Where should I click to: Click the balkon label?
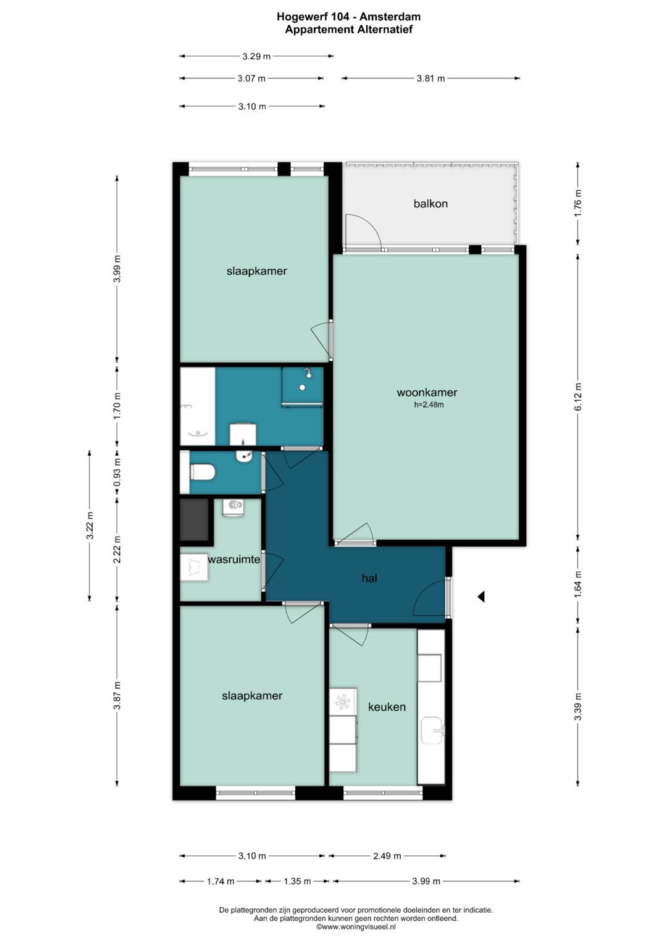tap(430, 204)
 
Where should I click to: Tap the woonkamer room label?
tap(427, 392)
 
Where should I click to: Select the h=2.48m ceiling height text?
tap(429, 405)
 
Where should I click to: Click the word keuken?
tap(387, 707)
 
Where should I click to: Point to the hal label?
tap(369, 579)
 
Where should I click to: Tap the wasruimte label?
tap(234, 560)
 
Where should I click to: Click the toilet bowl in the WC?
tap(203, 472)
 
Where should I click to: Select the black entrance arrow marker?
tap(481, 596)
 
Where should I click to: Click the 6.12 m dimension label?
tap(578, 396)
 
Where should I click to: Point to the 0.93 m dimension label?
tap(117, 472)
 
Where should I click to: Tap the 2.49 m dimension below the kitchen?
tap(387, 856)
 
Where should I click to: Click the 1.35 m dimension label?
tap(297, 881)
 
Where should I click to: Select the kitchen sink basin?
tap(432, 731)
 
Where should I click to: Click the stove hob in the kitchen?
tap(342, 702)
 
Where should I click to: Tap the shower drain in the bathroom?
tap(302, 387)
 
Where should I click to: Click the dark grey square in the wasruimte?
tap(195, 519)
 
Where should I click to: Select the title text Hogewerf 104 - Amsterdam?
tap(349, 17)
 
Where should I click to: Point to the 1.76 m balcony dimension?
tap(578, 204)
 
